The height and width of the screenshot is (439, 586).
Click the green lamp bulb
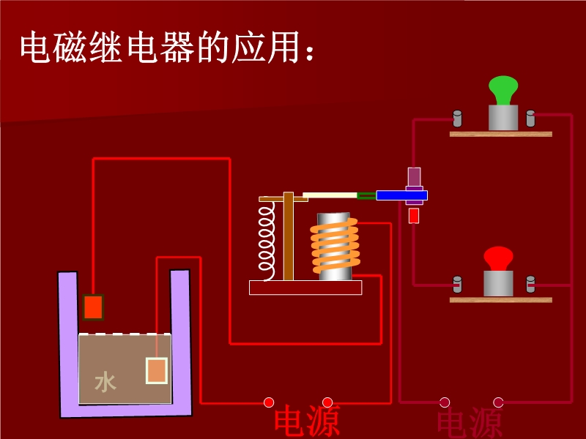pyautogui.click(x=503, y=91)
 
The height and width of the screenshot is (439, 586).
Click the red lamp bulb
pyautogui.click(x=498, y=258)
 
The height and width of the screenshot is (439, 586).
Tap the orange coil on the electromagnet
pyautogui.click(x=335, y=246)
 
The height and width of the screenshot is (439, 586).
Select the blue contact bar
pyautogui.click(x=401, y=195)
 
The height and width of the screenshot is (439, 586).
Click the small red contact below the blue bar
pyautogui.click(x=414, y=216)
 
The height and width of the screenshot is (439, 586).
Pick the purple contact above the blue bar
pyautogui.click(x=415, y=177)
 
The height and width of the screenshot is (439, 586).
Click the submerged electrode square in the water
pyautogui.click(x=157, y=370)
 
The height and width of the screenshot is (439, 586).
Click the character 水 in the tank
pyautogui.click(x=105, y=382)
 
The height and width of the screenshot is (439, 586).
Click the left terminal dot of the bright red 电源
pyautogui.click(x=269, y=402)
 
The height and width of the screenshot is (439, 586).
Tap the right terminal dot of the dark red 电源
pyautogui.click(x=498, y=402)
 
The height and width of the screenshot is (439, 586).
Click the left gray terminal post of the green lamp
pyautogui.click(x=457, y=118)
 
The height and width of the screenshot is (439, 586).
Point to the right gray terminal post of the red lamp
pyautogui.click(x=530, y=284)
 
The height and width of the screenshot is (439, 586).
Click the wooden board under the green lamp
pyautogui.click(x=500, y=134)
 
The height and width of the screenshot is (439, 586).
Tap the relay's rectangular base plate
pyautogui.click(x=305, y=288)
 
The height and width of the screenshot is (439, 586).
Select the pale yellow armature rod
pyautogui.click(x=330, y=195)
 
